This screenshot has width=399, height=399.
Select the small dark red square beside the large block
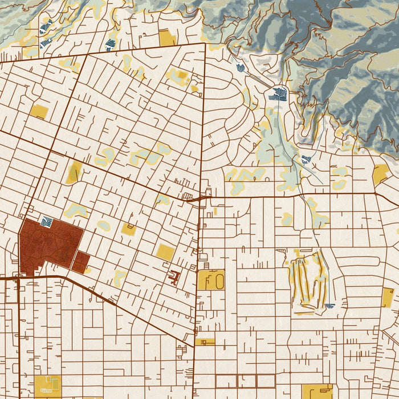pyautogui.click(x=82, y=262)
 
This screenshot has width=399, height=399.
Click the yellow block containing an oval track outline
pyautogui.click(x=210, y=279)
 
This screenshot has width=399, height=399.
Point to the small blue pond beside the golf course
pyautogui.click(x=330, y=306)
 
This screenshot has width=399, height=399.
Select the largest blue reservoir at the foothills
pyautogui.click(x=280, y=93)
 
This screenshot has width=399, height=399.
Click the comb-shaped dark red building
pyautogui.click(x=174, y=278)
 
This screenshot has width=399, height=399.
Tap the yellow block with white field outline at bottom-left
pyautogui.click(x=48, y=386)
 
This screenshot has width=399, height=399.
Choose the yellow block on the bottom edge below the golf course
pyautogui.click(x=317, y=390)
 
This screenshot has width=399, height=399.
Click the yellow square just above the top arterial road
pyautogui.click(x=167, y=38)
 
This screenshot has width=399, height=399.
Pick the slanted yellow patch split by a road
pyautogui.click(x=74, y=172)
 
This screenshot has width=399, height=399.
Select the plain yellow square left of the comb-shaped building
pyautogui.click(x=165, y=251)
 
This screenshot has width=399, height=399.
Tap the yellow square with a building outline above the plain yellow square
pyautogui.click(x=129, y=229)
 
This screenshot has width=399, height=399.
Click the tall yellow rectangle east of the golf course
pyautogui.click(x=388, y=297)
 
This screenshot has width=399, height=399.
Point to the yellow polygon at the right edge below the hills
pyautogui.click(x=380, y=174)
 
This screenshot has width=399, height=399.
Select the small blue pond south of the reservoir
pyautogui.click(x=306, y=159)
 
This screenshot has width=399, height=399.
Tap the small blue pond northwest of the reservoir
pyautogui.click(x=241, y=68)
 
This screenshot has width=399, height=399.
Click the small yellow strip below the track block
pyautogui.click(x=205, y=341)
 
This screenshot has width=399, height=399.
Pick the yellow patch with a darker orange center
pyautogui.click(x=179, y=76)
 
